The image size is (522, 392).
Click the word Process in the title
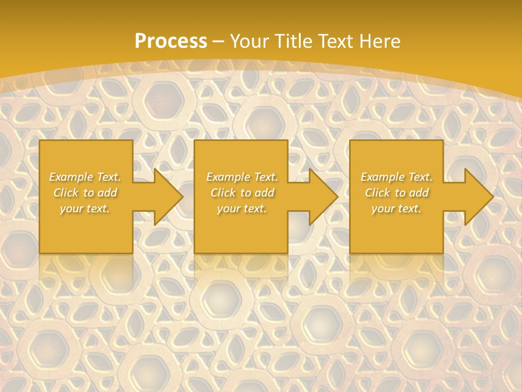tap(171, 41)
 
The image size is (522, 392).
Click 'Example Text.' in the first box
tap(85, 177)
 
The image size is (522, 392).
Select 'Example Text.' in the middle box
tap(242, 177)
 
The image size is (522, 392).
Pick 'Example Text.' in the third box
tap(396, 177)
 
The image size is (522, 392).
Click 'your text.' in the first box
tap(85, 209)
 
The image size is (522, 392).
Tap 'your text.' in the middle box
tap(242, 209)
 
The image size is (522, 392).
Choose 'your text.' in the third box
tap(396, 209)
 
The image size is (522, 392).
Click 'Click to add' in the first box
tap(85, 193)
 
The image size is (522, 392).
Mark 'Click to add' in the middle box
tap(242, 193)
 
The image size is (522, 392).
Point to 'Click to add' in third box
tap(396, 193)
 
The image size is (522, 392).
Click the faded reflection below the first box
tap(86, 269)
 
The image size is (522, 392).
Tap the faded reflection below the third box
tap(396, 269)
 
